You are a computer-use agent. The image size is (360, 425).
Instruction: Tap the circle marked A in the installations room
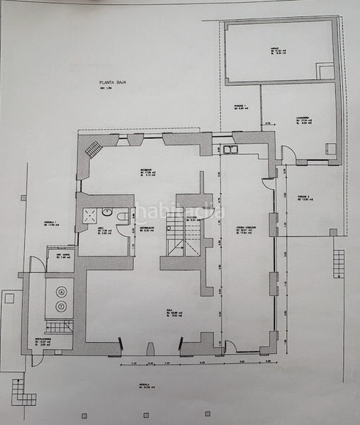click(62, 291)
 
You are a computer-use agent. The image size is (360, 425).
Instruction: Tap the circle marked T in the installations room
click(62, 306)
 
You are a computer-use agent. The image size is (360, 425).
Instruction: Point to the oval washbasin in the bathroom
click(106, 210)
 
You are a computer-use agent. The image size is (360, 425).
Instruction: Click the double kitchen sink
click(230, 149)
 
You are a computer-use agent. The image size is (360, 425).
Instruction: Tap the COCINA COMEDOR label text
click(247, 229)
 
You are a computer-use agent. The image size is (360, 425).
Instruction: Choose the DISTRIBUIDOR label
click(147, 228)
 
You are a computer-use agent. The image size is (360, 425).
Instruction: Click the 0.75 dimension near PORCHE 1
click(269, 125)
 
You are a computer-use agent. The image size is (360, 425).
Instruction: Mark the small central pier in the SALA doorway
click(151, 348)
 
